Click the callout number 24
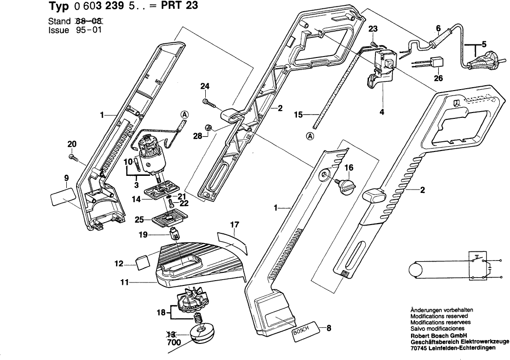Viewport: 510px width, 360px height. point(205,87)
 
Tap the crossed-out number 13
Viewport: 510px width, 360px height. point(171,334)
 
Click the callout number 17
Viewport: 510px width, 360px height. point(235,225)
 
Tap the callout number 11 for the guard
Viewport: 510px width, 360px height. point(124,282)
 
